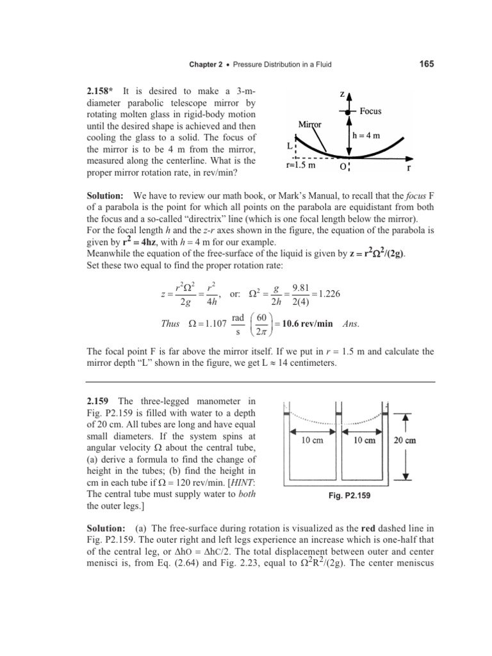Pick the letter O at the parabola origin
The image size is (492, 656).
343,166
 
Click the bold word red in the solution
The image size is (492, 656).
351,529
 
